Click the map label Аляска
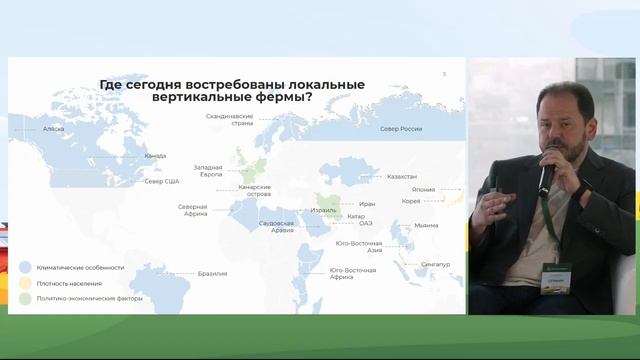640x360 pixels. [x=54, y=129]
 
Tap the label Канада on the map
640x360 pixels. [x=155, y=156]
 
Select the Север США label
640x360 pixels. [x=161, y=181]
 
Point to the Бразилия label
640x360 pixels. [x=213, y=273]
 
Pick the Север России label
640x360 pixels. [x=401, y=129]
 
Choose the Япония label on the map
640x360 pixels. [x=423, y=189]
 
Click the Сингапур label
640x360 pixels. [x=436, y=265]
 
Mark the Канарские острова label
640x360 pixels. [x=255, y=190]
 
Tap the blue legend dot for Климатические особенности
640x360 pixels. [x=24, y=267]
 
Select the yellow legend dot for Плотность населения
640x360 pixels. [x=24, y=283]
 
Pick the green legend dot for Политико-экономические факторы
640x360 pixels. [x=24, y=298]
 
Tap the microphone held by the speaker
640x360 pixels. [x=548, y=169]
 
